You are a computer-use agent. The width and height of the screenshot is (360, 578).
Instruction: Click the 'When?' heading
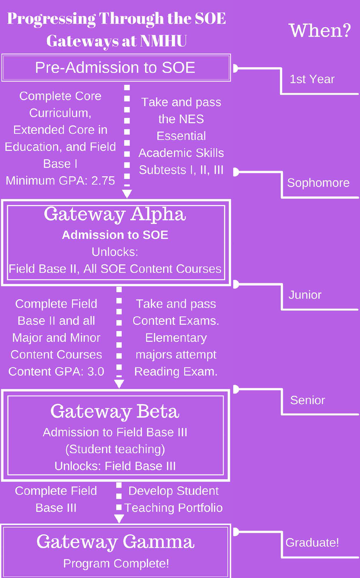320,31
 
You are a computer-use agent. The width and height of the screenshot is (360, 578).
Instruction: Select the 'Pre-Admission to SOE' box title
115,68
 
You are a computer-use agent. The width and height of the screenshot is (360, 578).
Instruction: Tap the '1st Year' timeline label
312,79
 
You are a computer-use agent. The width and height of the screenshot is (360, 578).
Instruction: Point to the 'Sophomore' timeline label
318,183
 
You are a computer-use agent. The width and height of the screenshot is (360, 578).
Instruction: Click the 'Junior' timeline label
305,295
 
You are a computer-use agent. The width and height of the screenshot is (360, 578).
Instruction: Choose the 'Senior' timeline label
308,400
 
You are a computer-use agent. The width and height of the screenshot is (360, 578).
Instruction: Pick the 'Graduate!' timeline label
312,543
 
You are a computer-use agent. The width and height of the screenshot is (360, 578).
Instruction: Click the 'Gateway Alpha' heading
115,214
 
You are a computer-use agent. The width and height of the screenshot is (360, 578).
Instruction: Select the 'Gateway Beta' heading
115,412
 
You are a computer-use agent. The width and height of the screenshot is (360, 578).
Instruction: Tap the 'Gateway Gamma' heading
115,542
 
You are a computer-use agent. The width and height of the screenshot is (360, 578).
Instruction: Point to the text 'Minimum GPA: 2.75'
60,181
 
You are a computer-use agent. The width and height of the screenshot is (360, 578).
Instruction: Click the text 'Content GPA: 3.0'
56,372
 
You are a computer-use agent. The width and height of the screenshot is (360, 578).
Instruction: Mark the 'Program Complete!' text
116,564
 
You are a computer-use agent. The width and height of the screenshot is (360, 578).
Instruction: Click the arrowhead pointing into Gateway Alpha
127,194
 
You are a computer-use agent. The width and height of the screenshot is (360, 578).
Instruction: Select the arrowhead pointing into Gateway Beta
119,384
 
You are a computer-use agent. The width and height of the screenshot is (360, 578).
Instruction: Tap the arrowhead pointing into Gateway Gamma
119,519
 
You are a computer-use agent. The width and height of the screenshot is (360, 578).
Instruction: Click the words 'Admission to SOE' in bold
115,235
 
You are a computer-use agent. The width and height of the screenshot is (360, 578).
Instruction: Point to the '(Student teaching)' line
115,449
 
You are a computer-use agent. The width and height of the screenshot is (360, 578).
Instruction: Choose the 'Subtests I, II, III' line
181,170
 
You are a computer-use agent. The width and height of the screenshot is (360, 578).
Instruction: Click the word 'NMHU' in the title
163,41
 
